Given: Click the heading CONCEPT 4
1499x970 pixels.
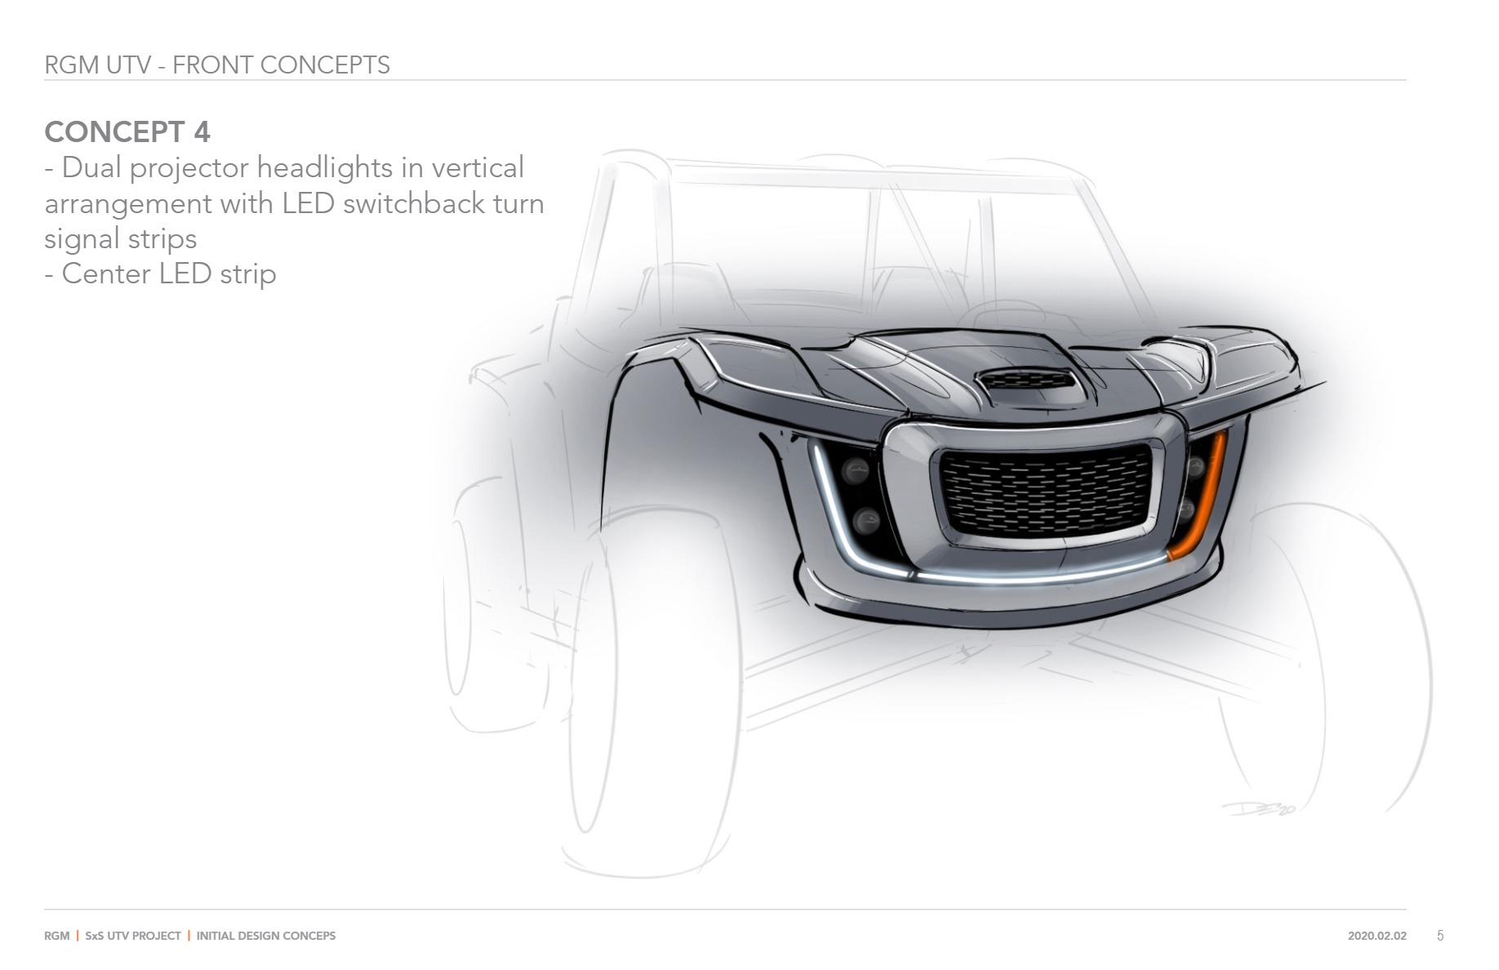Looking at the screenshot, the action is tap(127, 131).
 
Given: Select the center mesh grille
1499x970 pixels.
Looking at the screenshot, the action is tap(1048, 493).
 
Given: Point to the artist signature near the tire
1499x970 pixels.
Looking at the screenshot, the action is tap(1258, 808).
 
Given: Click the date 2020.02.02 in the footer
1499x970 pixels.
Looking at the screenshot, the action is tap(1377, 936).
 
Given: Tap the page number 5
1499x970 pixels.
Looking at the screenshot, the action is tap(1440, 936).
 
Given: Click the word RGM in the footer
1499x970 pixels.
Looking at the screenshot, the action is tap(56, 936).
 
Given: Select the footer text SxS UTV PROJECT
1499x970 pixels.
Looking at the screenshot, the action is tap(133, 936).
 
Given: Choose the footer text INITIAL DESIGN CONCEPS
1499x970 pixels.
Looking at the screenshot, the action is tap(266, 936).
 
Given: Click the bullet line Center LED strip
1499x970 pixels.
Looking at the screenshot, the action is tap(161, 274).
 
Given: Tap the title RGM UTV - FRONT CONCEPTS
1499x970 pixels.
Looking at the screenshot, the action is tap(217, 65).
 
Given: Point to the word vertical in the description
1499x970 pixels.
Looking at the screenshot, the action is tap(478, 168).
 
